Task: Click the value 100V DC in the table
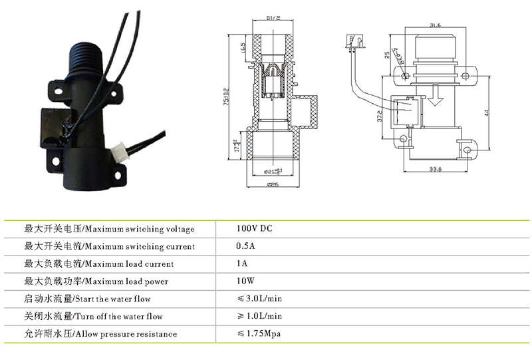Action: coord(255,229)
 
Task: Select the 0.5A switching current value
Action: coord(245,246)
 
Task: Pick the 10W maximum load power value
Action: coord(246,281)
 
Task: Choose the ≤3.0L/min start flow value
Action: coord(259,299)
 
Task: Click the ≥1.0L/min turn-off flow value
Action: coord(259,316)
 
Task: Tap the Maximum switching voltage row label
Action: coord(109,230)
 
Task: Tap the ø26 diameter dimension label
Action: coord(273,184)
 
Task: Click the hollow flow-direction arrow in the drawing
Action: coord(436,96)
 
